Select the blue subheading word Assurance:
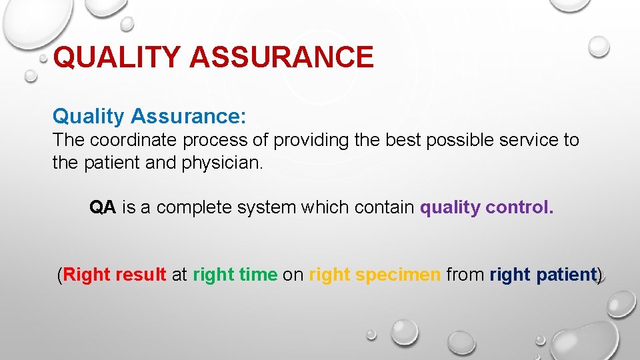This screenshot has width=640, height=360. click(x=189, y=117)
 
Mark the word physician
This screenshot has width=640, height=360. click(x=222, y=163)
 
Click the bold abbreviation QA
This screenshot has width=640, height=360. click(x=103, y=208)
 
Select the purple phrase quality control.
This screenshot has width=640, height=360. click(x=487, y=208)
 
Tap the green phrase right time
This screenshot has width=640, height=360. click(x=235, y=275)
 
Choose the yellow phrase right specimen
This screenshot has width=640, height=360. click(x=375, y=275)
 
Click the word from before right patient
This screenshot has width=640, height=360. click(x=465, y=275)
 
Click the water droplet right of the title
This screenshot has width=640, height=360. click(x=599, y=46)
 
